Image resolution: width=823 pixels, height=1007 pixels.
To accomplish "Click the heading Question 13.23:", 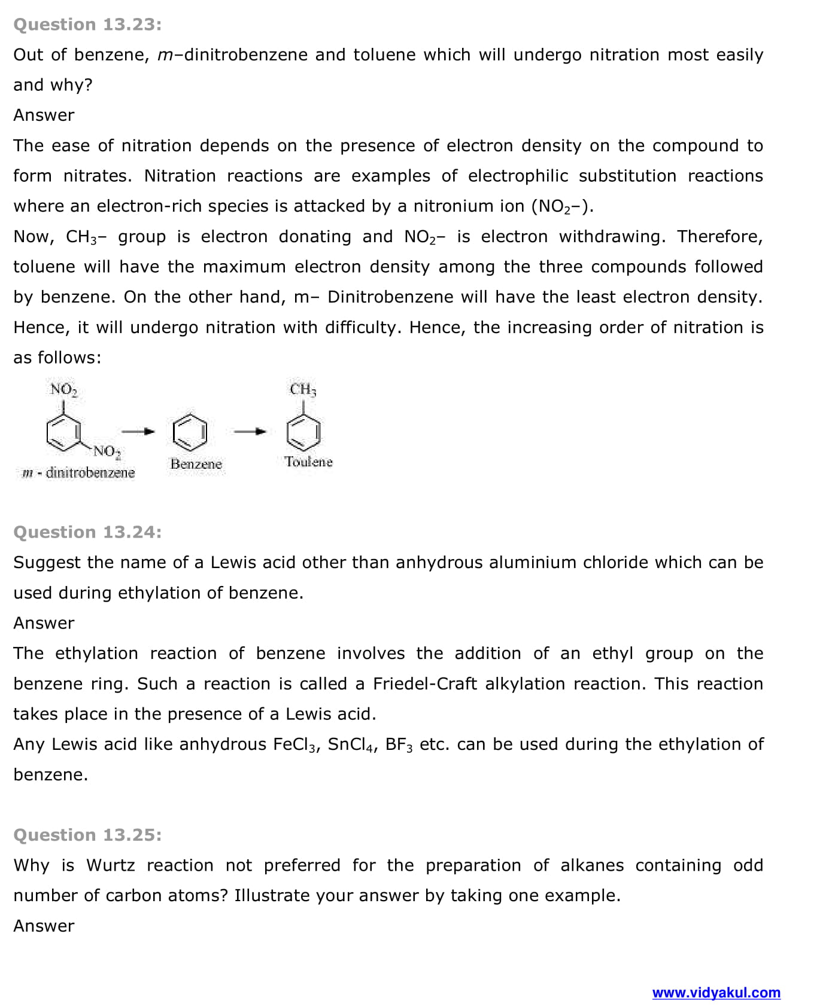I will point(87,25).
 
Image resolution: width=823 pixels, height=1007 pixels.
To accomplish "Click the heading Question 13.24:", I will point(87,532).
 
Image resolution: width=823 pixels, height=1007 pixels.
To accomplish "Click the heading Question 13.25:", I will point(87,835).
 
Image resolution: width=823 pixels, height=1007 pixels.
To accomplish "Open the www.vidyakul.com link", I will point(716,993).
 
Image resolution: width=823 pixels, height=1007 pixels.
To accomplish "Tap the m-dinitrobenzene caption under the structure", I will point(78,473).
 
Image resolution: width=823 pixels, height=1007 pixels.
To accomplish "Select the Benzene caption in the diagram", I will point(196,464).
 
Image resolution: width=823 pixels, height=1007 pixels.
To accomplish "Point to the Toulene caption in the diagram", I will point(308,462).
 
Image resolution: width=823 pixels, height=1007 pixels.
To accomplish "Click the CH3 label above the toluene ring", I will point(303,389).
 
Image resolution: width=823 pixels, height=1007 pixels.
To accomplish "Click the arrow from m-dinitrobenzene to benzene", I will point(138,431).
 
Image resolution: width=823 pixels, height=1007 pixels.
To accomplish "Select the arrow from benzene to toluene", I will point(250,431).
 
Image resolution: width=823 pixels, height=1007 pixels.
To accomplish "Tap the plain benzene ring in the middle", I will point(190,432).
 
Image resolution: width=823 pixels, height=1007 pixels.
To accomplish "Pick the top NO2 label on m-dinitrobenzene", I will point(63,390).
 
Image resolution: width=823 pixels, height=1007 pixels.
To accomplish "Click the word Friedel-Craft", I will point(424,683).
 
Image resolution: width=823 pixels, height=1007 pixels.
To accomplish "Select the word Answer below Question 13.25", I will point(44,926).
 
